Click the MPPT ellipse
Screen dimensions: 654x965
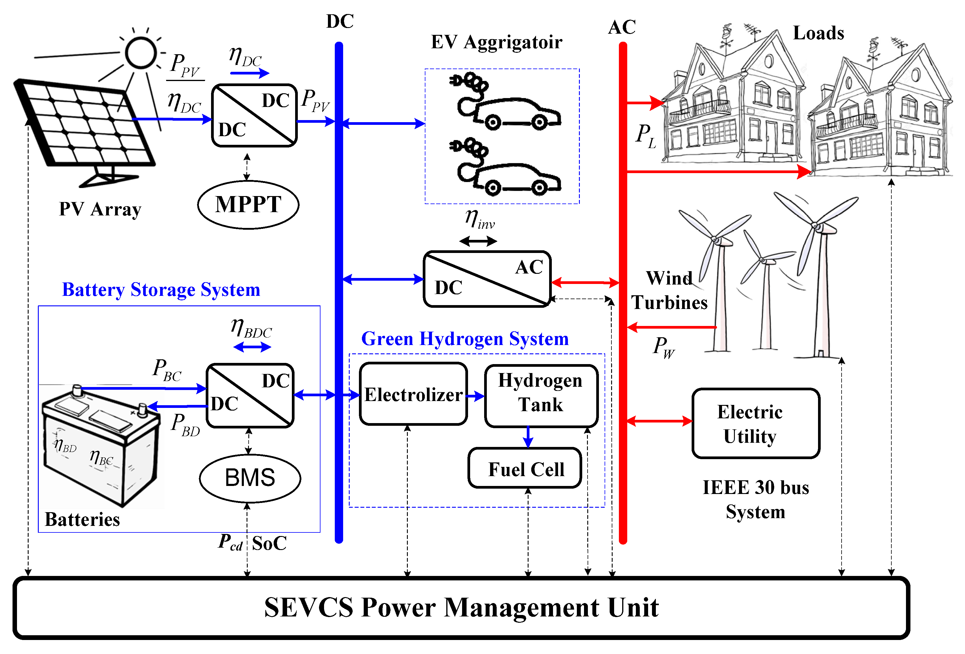coord(248,205)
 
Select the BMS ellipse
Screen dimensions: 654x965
coord(250,478)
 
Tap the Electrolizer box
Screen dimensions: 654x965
coord(413,394)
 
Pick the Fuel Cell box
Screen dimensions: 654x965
coord(525,468)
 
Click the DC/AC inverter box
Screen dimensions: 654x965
coord(487,279)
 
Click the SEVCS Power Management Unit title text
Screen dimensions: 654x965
coord(461,607)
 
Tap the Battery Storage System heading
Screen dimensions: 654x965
coord(161,289)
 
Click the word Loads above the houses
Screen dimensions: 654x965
coord(818,33)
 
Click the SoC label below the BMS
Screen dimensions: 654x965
coord(269,543)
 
